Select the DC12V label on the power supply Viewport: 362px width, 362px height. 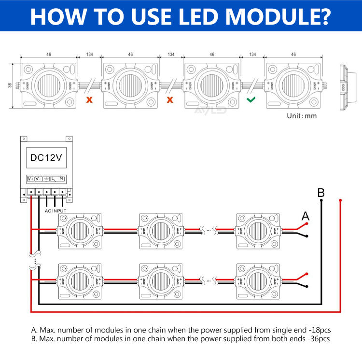click(46, 158)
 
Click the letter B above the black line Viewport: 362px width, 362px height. click(321, 193)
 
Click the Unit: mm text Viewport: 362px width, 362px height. click(302, 116)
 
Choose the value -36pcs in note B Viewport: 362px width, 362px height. click(318, 339)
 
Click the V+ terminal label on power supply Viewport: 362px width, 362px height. click(30, 179)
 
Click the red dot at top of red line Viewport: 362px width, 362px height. click(341, 200)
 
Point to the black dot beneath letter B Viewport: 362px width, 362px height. click(321, 200)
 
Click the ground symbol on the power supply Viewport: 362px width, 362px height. click(46, 179)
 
